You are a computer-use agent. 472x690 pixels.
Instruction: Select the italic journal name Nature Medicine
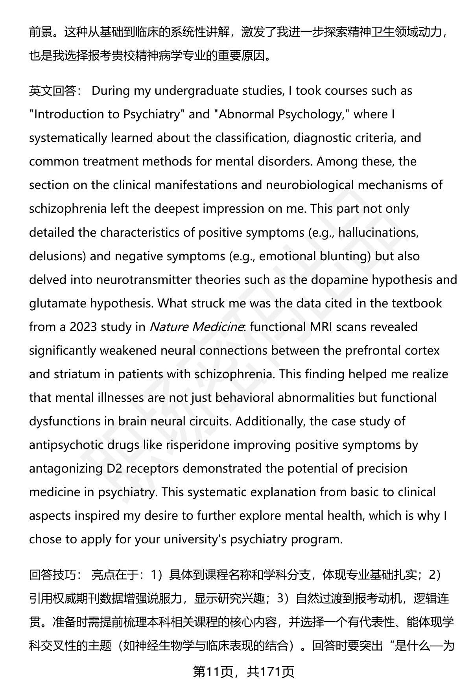(x=195, y=327)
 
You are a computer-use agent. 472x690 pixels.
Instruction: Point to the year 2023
(x=83, y=327)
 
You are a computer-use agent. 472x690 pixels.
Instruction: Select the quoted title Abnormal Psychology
(x=279, y=114)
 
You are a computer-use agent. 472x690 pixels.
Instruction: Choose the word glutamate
(x=57, y=304)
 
